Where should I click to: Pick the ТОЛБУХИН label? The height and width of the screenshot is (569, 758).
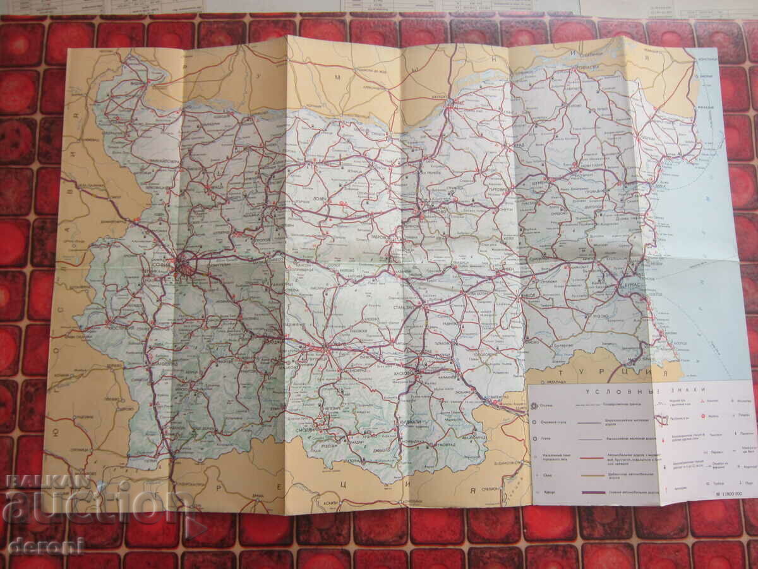tap(647, 137)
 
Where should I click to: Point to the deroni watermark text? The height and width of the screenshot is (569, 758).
tap(45, 545)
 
